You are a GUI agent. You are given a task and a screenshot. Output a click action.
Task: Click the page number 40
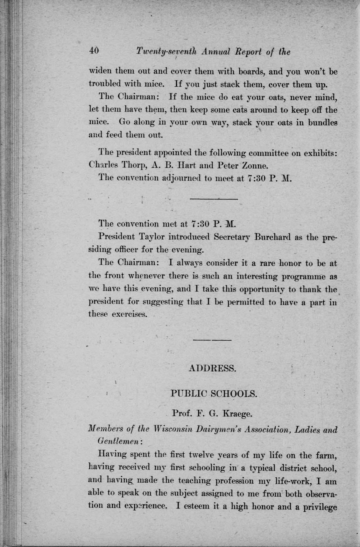click(94, 51)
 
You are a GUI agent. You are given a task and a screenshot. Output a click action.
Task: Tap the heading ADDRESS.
click(212, 369)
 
